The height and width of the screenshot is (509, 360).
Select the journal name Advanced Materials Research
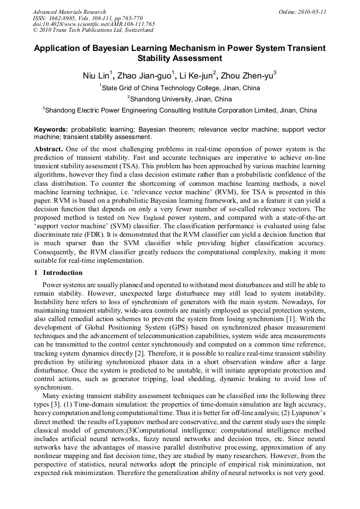click(70, 11)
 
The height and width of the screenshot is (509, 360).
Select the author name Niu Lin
click(96, 75)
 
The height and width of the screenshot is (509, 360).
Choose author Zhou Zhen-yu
click(251, 75)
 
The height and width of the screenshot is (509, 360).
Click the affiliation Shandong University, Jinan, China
click(181, 99)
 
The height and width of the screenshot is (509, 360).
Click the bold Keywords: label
click(51, 129)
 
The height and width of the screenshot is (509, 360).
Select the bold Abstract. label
click(51, 149)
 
